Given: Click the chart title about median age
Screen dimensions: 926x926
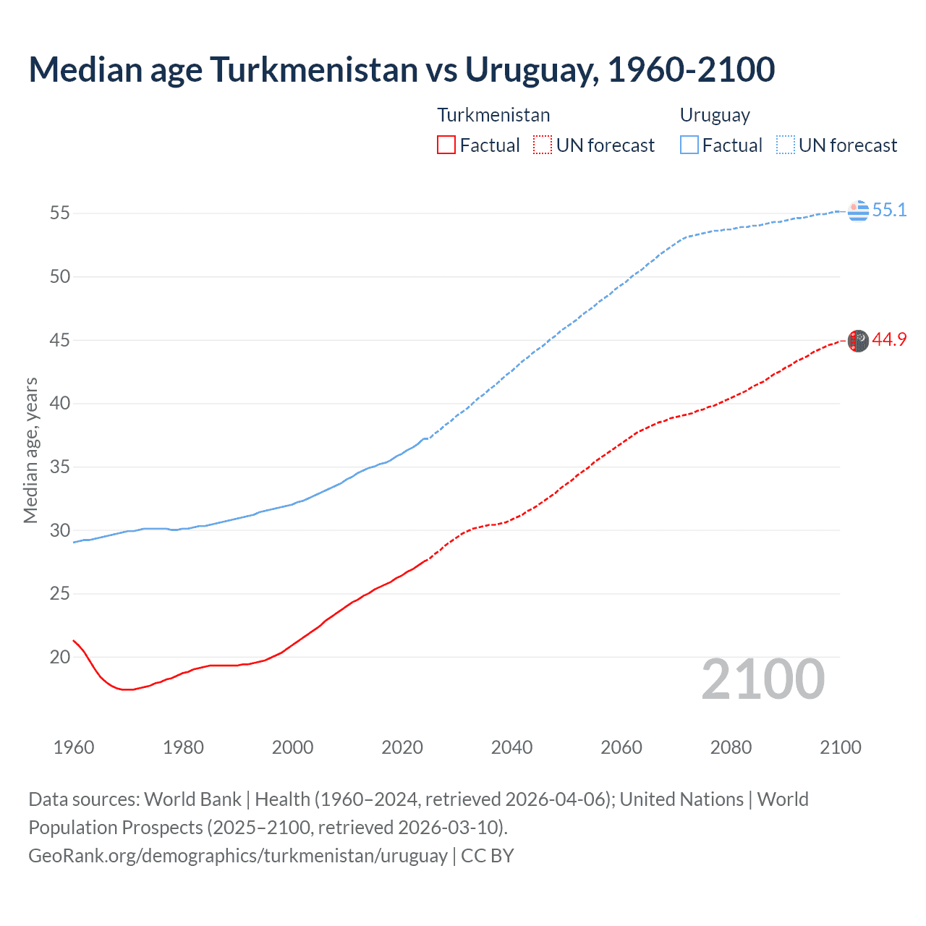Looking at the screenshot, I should pos(402,69).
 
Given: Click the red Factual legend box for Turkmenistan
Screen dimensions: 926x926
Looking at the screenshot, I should pos(446,145).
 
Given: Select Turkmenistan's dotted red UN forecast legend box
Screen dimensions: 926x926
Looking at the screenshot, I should pos(543,145).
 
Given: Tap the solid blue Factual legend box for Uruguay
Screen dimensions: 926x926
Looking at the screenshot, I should pos(689,145).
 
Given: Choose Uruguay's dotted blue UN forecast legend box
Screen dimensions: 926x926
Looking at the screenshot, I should pos(785,145).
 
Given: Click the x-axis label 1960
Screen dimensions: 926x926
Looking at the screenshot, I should pos(74,747).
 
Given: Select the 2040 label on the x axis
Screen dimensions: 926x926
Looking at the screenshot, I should pos(511,747).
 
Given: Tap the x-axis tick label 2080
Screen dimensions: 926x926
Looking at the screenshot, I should pos(731,747).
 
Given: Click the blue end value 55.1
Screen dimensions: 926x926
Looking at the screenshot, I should pos(889,211).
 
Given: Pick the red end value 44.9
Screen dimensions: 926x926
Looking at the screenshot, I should pos(889,340).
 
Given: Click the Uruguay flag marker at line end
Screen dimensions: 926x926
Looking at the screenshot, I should pos(858,211).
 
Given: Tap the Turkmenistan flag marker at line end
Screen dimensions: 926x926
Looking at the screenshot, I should pos(858,341).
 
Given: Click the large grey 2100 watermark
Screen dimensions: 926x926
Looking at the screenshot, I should pos(763,679).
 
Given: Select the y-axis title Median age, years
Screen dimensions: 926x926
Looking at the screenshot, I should pos(30,450).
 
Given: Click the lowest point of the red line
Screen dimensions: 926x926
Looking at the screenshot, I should pos(127,689).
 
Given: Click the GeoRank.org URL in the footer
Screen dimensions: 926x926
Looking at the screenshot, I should pos(238,856).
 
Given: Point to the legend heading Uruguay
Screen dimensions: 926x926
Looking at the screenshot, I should pos(715,115).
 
